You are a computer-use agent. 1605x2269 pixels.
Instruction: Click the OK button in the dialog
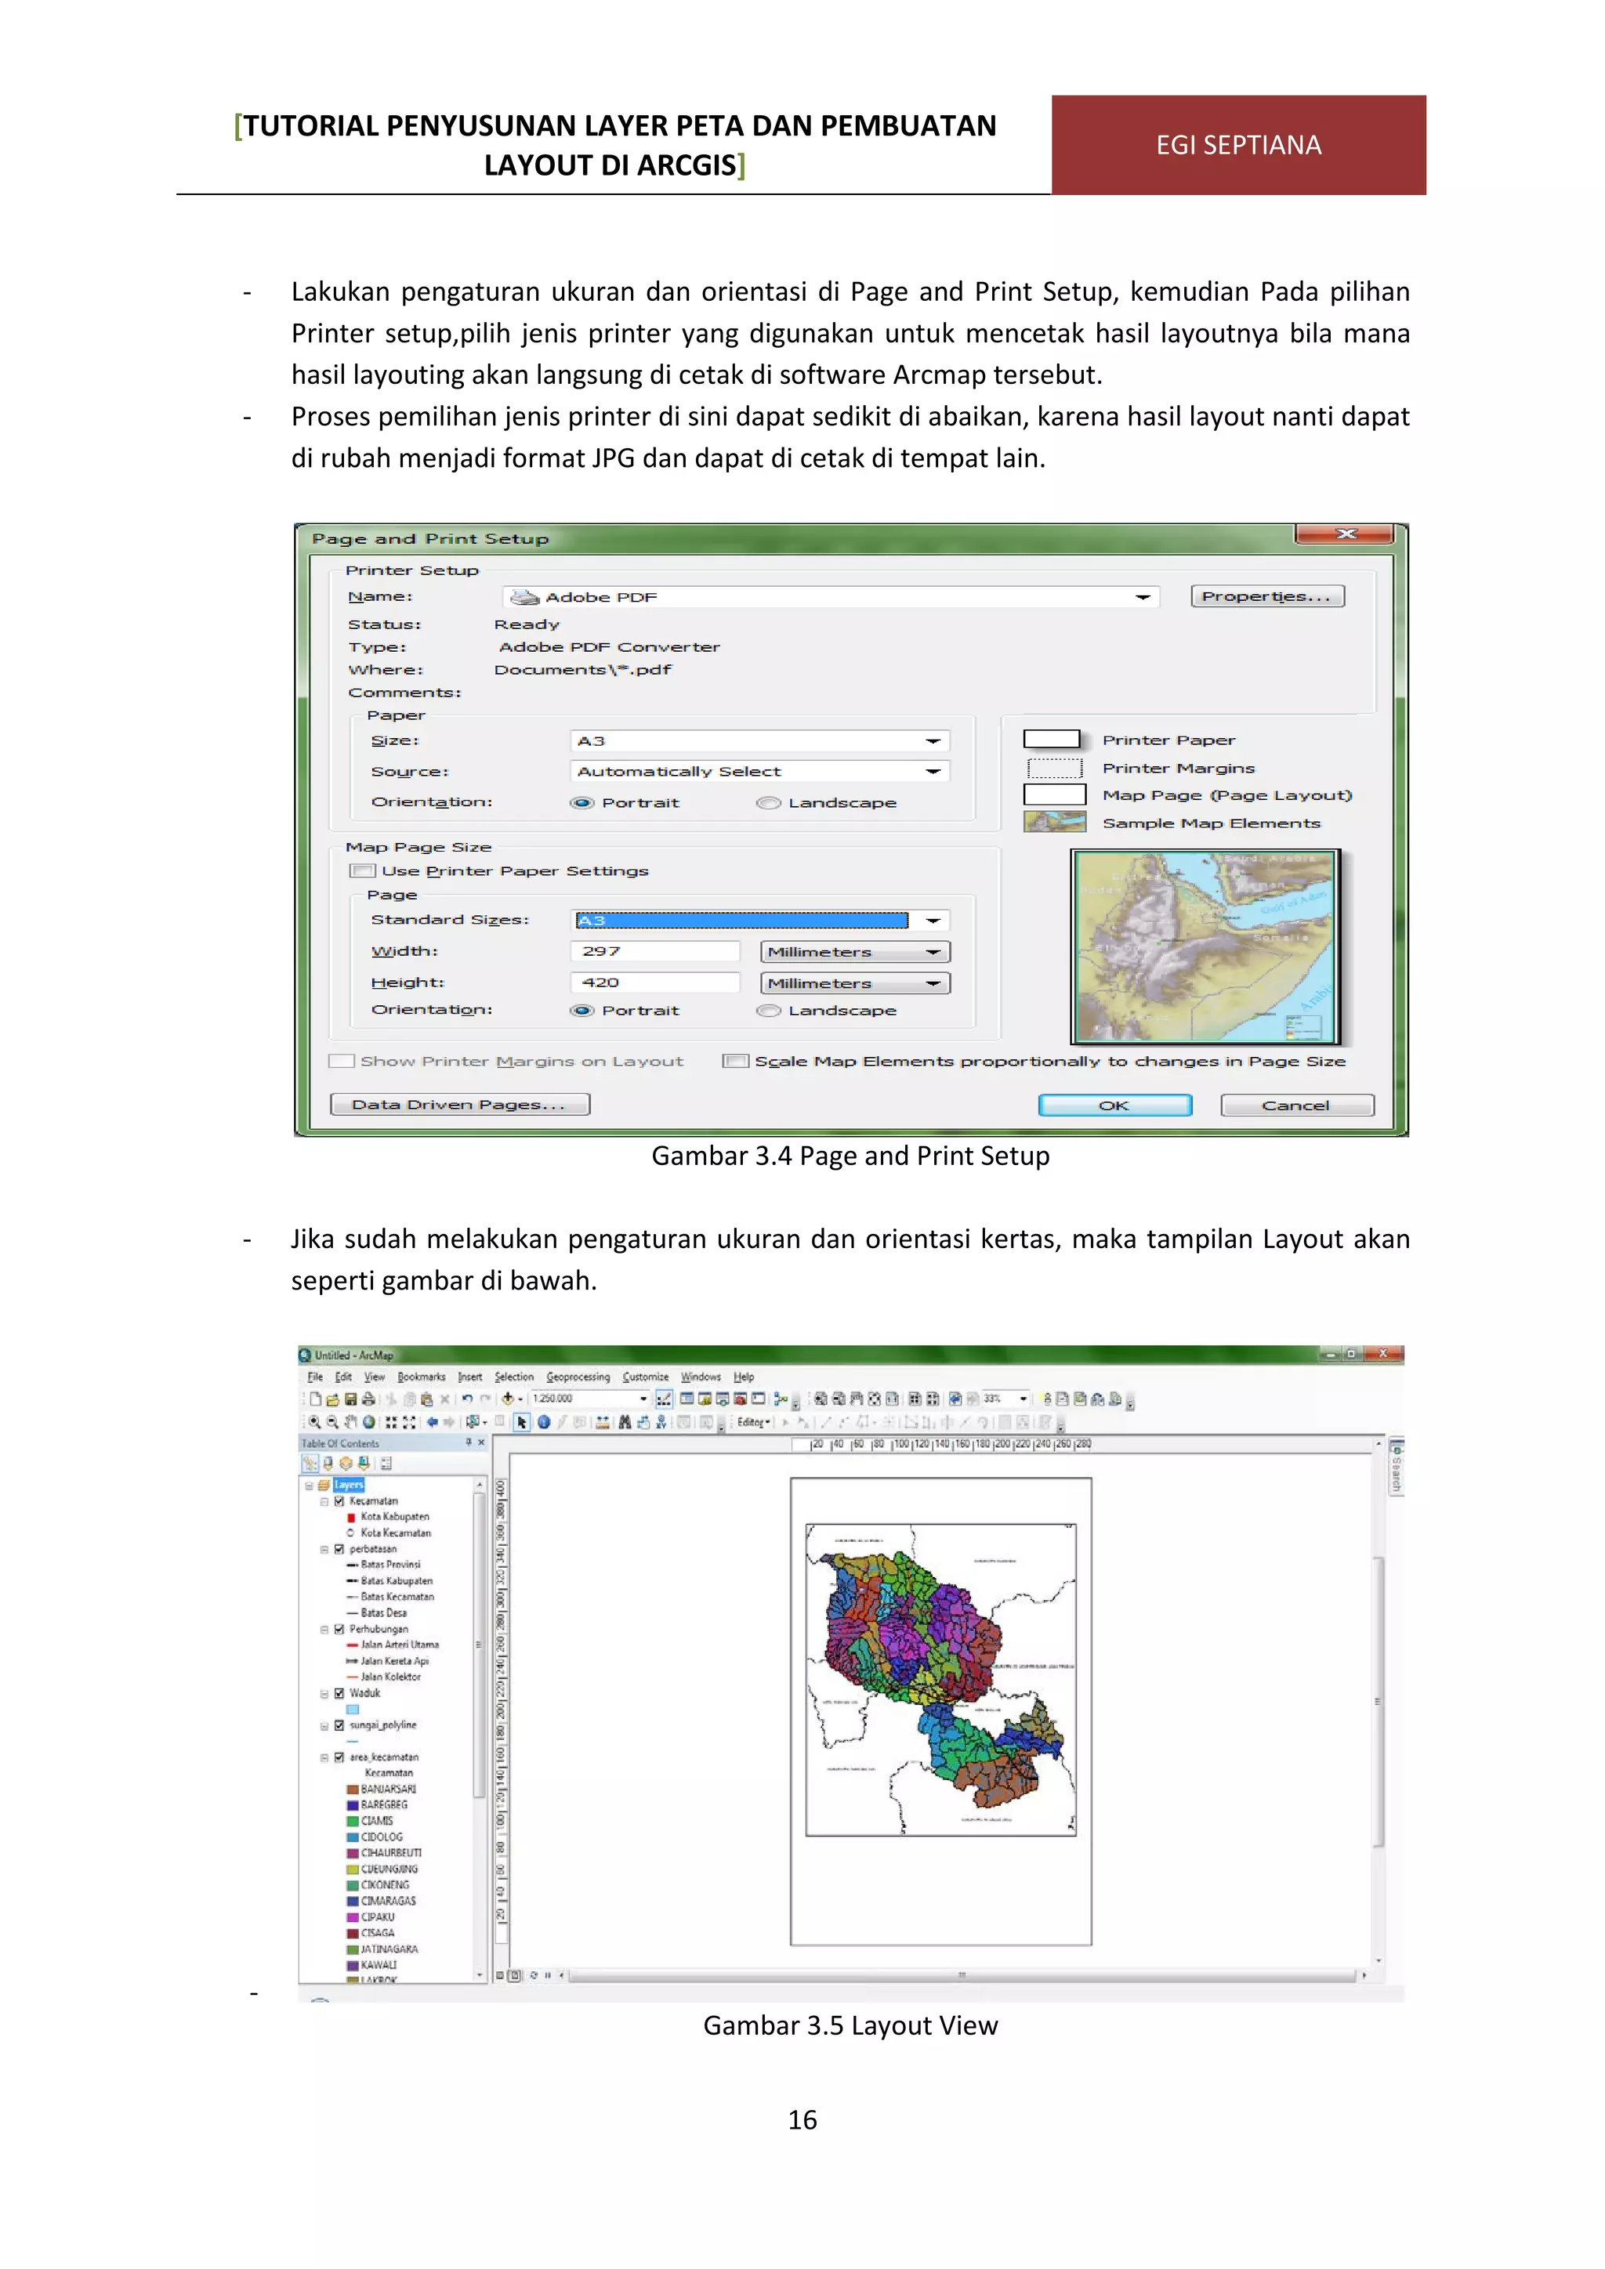coord(1114,1105)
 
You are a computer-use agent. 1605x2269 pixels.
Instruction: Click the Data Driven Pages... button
coord(458,1104)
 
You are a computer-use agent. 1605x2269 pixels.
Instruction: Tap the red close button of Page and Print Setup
coord(1344,534)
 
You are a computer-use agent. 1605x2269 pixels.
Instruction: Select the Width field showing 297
coord(654,950)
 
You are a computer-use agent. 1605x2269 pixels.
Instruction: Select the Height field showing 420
coord(654,983)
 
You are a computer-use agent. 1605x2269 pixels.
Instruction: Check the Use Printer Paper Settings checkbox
coord(363,870)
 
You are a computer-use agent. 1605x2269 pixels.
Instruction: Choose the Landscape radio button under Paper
coord(769,802)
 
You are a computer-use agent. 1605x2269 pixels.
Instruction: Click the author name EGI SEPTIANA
coord(1237,145)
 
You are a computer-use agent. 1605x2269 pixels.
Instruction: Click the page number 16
coord(802,2120)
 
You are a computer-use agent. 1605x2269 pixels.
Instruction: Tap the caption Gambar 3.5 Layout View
coord(850,2025)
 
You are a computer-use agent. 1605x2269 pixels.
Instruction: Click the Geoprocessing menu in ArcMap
coord(578,1377)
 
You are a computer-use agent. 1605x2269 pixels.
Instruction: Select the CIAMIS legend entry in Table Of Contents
coord(376,1820)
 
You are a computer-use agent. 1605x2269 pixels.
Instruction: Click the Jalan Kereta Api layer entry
coord(394,1660)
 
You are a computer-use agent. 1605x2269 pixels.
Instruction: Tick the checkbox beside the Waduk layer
coord(339,1693)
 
